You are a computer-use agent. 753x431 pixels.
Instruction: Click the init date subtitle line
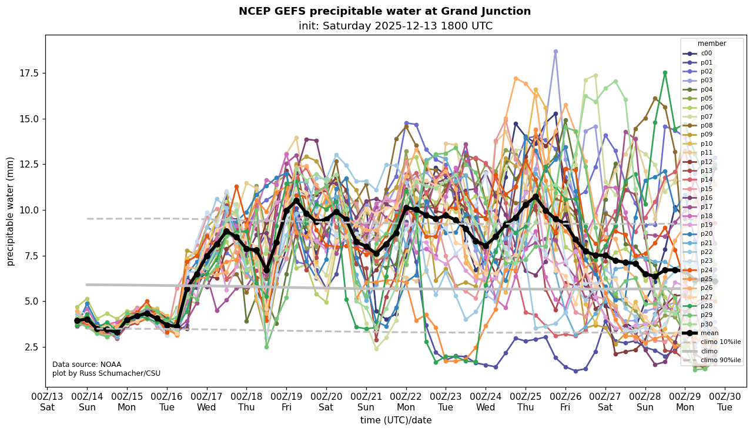(395, 26)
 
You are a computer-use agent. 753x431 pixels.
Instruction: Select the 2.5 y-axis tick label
(33, 348)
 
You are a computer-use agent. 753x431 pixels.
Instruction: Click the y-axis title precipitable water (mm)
(11, 211)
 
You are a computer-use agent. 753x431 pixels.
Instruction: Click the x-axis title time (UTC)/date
(396, 420)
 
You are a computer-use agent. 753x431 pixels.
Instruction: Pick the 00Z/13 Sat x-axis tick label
(48, 402)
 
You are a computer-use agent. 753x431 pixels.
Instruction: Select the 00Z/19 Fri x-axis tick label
(286, 402)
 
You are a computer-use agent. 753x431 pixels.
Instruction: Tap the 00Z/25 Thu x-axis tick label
(526, 402)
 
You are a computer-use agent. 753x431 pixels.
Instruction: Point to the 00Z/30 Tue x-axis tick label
(725, 402)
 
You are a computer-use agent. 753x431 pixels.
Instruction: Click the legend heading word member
(711, 44)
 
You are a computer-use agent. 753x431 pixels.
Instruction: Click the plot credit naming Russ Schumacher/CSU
(106, 373)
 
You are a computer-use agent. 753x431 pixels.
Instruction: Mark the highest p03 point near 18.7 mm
(555, 52)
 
